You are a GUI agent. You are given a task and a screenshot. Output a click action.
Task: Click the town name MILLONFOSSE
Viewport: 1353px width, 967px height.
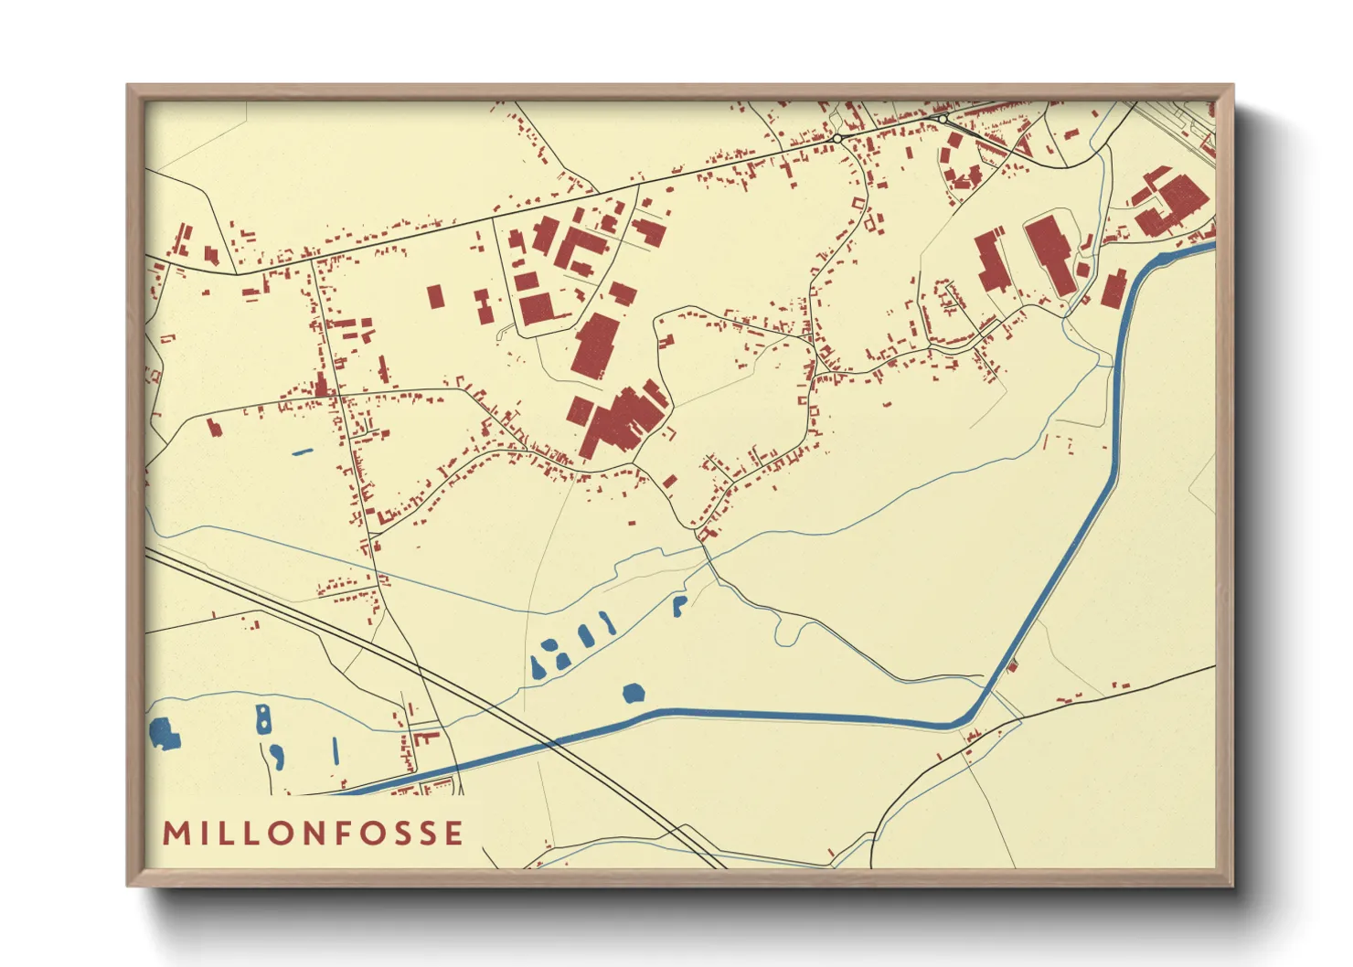tap(313, 833)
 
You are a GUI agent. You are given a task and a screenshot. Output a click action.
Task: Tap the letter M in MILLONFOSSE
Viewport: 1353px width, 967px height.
tap(175, 833)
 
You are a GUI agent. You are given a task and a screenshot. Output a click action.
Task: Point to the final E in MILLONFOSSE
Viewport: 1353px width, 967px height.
tap(453, 833)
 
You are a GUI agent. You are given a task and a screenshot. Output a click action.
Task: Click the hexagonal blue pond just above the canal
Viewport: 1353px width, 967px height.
tap(633, 693)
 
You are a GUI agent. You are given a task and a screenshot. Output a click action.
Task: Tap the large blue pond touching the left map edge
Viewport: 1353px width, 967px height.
tap(164, 732)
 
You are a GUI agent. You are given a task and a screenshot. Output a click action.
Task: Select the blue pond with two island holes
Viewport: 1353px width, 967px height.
tap(263, 719)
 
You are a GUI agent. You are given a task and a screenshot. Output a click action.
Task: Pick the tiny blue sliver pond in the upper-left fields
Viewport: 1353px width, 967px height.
tap(301, 452)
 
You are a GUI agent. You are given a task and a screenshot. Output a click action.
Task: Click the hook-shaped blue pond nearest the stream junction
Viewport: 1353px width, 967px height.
tap(678, 605)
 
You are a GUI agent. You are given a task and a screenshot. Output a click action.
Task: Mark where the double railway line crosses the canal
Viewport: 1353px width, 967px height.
tap(552, 743)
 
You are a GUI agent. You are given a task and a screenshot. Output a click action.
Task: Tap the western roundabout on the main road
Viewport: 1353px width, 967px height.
tap(836, 139)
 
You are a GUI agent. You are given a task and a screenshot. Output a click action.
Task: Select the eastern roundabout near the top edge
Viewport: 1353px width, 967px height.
tap(942, 119)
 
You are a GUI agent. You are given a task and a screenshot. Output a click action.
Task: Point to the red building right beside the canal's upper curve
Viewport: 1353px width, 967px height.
tap(1113, 289)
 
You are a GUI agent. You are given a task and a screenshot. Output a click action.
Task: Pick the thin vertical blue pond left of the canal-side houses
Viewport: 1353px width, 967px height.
tap(336, 750)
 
